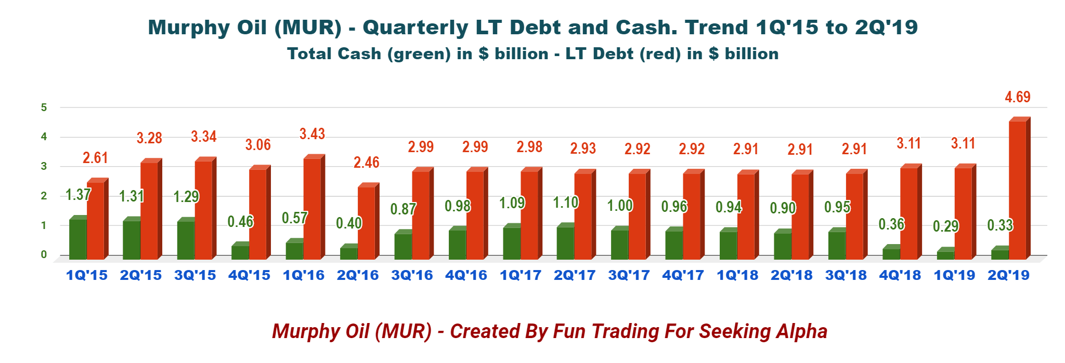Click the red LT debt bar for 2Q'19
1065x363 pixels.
pos(1017,190)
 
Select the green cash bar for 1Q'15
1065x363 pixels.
pos(78,239)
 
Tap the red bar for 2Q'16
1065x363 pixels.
pos(366,223)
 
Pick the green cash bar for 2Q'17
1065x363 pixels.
pos(565,243)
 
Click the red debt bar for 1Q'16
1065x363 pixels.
pos(312,208)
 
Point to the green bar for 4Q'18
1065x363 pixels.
pos(891,253)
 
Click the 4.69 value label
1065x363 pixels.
pos(1017,97)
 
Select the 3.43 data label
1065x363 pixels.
pos(312,134)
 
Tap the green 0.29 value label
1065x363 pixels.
pos(945,226)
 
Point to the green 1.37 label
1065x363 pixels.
pos(78,195)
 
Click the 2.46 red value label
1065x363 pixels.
pos(366,163)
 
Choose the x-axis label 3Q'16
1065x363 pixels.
pos(412,275)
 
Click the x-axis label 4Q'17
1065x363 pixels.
pos(683,275)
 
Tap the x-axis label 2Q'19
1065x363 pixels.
pos(1008,275)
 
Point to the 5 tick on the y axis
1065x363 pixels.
pos(44,107)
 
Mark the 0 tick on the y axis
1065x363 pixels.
pos(44,254)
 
